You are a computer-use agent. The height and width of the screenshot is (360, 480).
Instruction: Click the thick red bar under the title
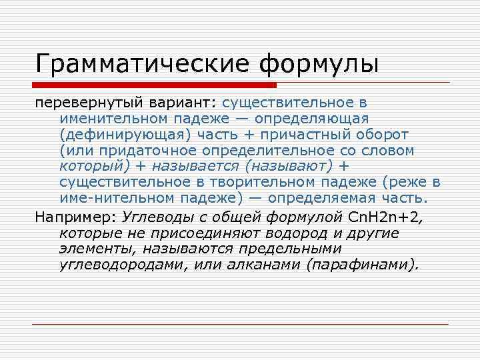point(156,85)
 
